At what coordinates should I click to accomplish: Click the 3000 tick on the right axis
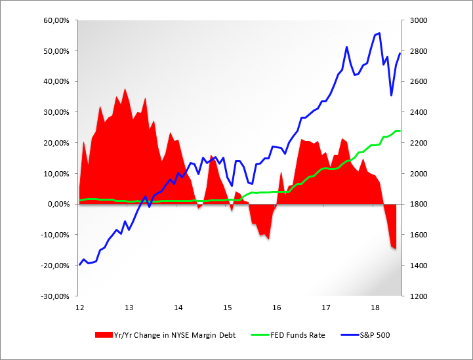(x=418, y=20)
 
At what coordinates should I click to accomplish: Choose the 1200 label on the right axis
(x=418, y=296)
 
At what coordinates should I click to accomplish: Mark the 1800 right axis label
(x=418, y=204)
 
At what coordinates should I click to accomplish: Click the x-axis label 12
(x=79, y=308)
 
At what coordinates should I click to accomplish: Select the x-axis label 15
(x=227, y=308)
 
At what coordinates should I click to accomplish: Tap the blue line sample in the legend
(x=348, y=335)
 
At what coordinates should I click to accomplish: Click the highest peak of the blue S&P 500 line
(x=379, y=33)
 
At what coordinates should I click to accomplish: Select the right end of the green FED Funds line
(x=400, y=131)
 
